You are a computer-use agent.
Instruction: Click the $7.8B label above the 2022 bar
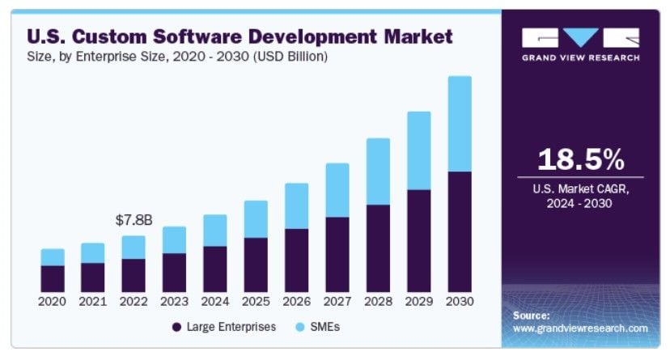134,220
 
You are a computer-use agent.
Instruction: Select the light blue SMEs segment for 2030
460,124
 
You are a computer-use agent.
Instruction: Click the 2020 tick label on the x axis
53,301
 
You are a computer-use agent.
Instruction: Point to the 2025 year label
256,301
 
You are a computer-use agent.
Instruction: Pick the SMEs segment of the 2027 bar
337,190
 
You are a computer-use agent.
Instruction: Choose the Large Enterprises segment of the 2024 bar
215,269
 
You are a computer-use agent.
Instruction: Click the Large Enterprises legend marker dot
176,327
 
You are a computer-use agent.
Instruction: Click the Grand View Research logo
580,44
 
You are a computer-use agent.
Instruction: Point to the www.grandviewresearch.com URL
580,328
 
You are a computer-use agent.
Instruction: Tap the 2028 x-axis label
378,301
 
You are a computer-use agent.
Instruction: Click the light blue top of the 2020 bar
53,257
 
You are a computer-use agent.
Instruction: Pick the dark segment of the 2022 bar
134,275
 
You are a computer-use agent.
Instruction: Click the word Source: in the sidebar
531,315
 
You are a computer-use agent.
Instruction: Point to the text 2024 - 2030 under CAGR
580,203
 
